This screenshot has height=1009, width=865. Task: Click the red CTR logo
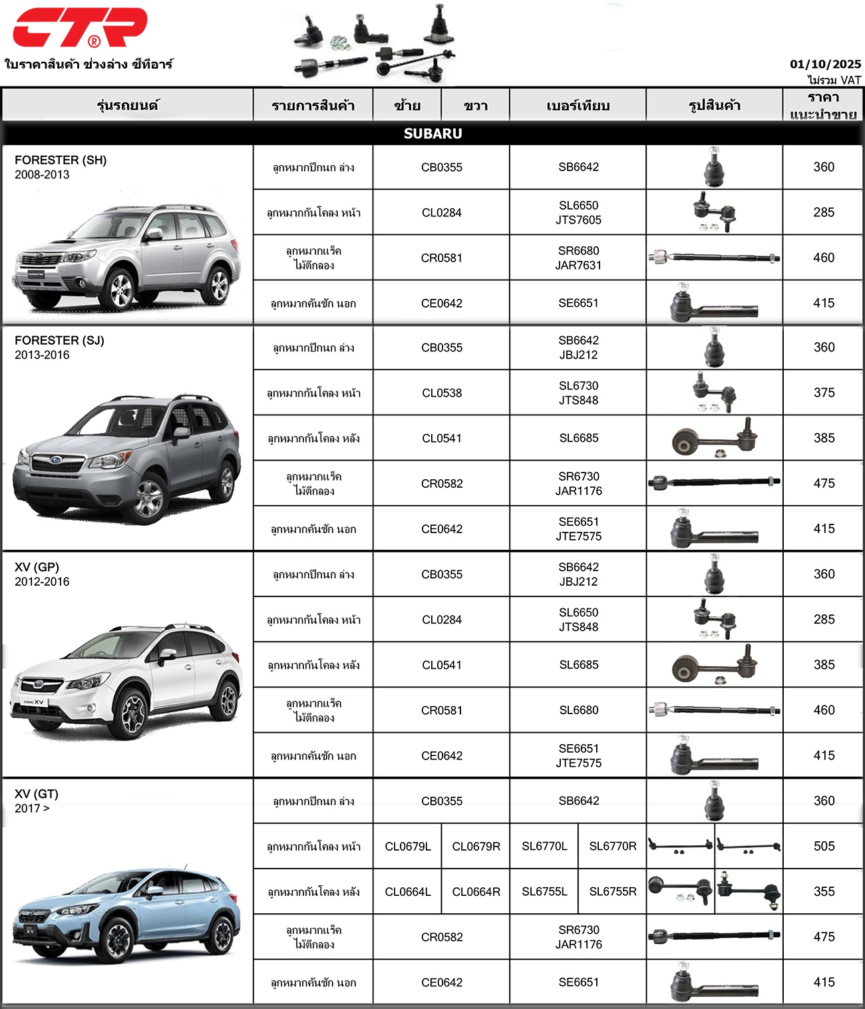[80, 27]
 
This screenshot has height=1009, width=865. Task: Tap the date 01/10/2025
[825, 64]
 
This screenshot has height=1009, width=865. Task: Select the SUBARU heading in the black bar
[432, 133]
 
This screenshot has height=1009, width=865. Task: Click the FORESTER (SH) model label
[61, 160]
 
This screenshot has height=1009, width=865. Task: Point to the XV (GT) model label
[37, 793]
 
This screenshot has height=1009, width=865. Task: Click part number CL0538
[441, 393]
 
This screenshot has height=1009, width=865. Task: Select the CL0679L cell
[407, 846]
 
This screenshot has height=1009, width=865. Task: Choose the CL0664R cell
[476, 891]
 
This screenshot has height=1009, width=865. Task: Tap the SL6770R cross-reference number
[612, 846]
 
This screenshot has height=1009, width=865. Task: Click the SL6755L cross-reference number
[544, 891]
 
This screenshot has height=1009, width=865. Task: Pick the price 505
[824, 846]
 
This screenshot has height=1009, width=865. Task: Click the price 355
[824, 891]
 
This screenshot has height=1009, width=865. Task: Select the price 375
[824, 393]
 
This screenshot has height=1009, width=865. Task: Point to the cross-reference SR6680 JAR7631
[578, 258]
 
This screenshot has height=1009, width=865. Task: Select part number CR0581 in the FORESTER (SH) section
[441, 258]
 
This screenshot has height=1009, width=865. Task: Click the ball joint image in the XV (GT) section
[714, 801]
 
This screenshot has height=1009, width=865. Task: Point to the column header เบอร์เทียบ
[578, 105]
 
